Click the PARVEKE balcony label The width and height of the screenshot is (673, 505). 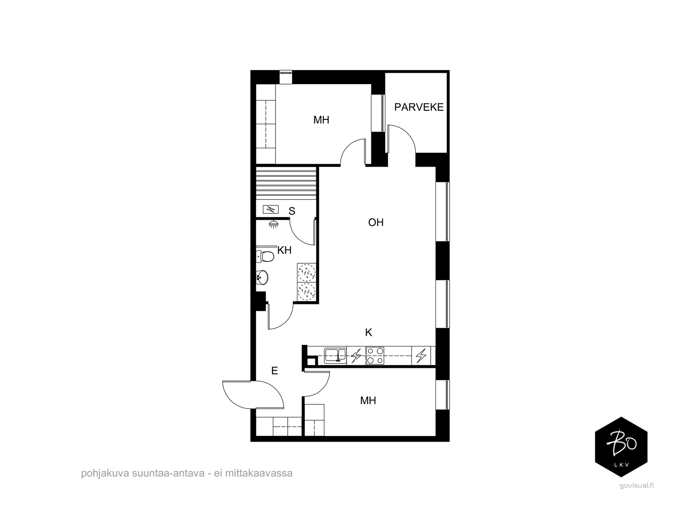(x=419, y=107)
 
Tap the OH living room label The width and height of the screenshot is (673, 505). (x=376, y=222)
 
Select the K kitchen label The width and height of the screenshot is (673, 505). (x=368, y=332)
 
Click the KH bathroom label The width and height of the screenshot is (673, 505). (x=284, y=250)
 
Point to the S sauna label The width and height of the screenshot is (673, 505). (x=292, y=211)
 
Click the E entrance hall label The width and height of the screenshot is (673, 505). (x=274, y=371)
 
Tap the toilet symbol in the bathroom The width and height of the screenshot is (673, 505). (x=265, y=256)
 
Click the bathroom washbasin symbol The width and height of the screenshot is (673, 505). (x=262, y=277)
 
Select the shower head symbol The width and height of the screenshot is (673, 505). (x=273, y=224)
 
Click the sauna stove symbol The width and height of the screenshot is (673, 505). (x=271, y=210)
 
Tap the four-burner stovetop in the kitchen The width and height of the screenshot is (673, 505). (x=375, y=355)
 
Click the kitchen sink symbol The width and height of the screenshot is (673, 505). (x=335, y=355)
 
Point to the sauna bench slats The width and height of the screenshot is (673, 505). (x=286, y=183)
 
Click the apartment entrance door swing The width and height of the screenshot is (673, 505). (x=253, y=395)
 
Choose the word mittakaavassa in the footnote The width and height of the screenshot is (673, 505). (x=258, y=473)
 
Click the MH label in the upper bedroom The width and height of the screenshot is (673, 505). (x=321, y=120)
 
